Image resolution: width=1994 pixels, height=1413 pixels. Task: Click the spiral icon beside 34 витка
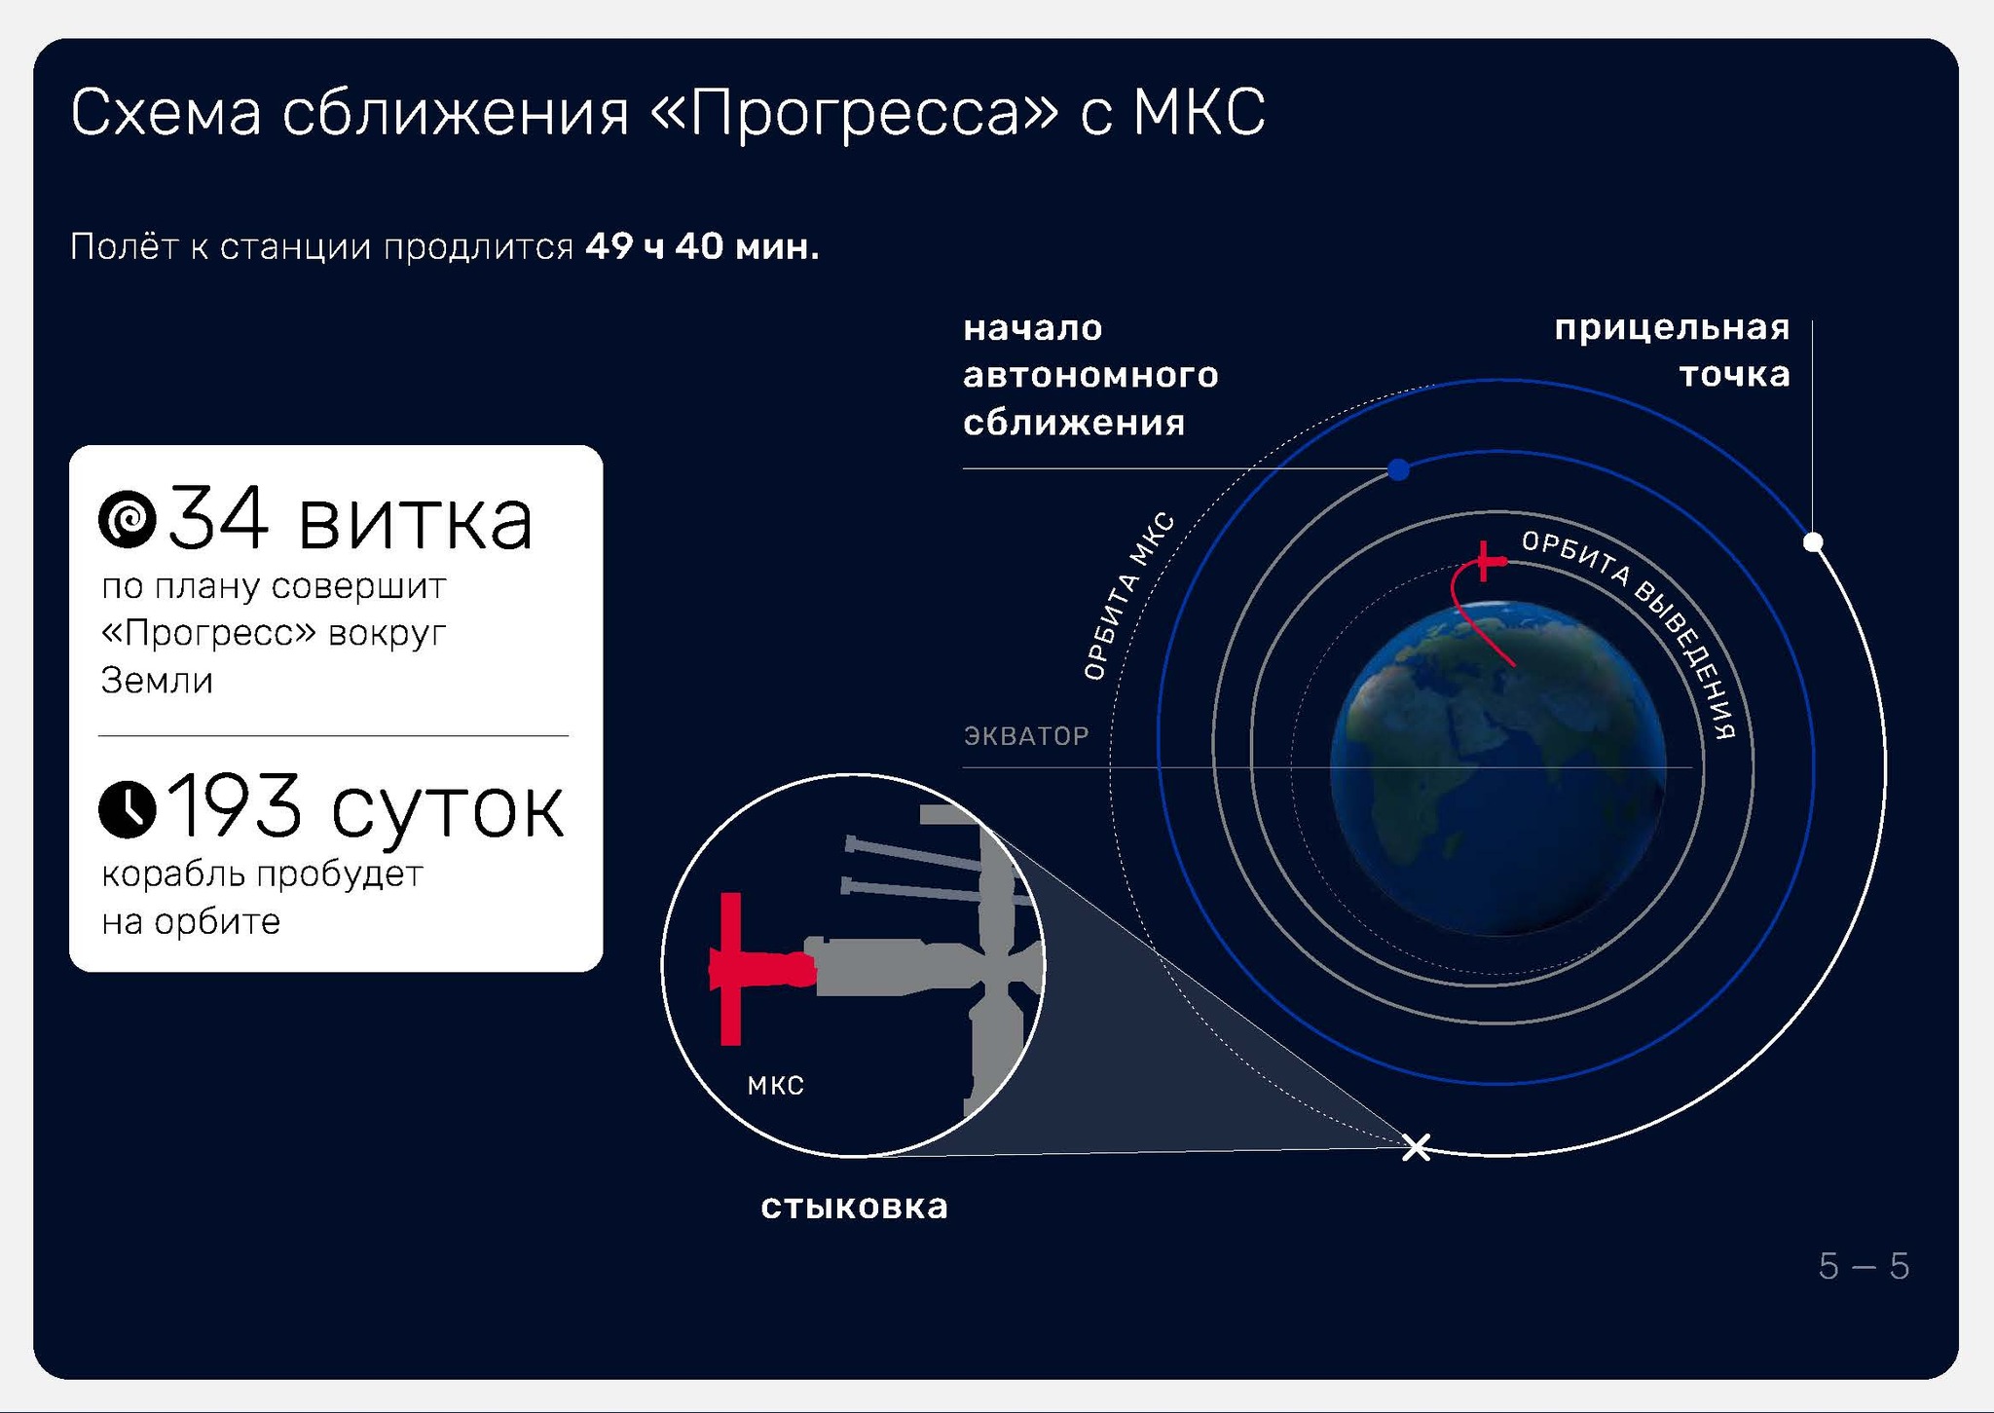(128, 518)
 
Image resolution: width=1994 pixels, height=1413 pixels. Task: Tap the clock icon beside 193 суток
(128, 808)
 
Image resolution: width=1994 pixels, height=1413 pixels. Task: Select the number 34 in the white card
(218, 519)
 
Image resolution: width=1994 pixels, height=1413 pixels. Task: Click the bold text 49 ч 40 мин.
(702, 246)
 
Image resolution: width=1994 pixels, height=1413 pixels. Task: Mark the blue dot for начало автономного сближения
(1398, 469)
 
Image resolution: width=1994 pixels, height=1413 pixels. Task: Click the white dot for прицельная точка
(1813, 541)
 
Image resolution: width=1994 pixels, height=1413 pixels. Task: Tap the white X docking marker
(1416, 1147)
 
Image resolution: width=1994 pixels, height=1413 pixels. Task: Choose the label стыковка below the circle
(854, 1207)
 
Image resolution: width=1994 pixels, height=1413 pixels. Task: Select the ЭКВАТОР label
(1026, 735)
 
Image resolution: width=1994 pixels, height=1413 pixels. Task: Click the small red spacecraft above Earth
(1486, 561)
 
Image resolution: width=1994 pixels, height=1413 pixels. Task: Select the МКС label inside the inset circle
(775, 1086)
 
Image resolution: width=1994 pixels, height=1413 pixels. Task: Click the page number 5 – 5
(1864, 1266)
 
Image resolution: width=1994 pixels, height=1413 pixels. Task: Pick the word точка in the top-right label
(1735, 375)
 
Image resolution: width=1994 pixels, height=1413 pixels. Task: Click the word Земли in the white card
(157, 680)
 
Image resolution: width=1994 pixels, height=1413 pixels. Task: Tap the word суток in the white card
(447, 809)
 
